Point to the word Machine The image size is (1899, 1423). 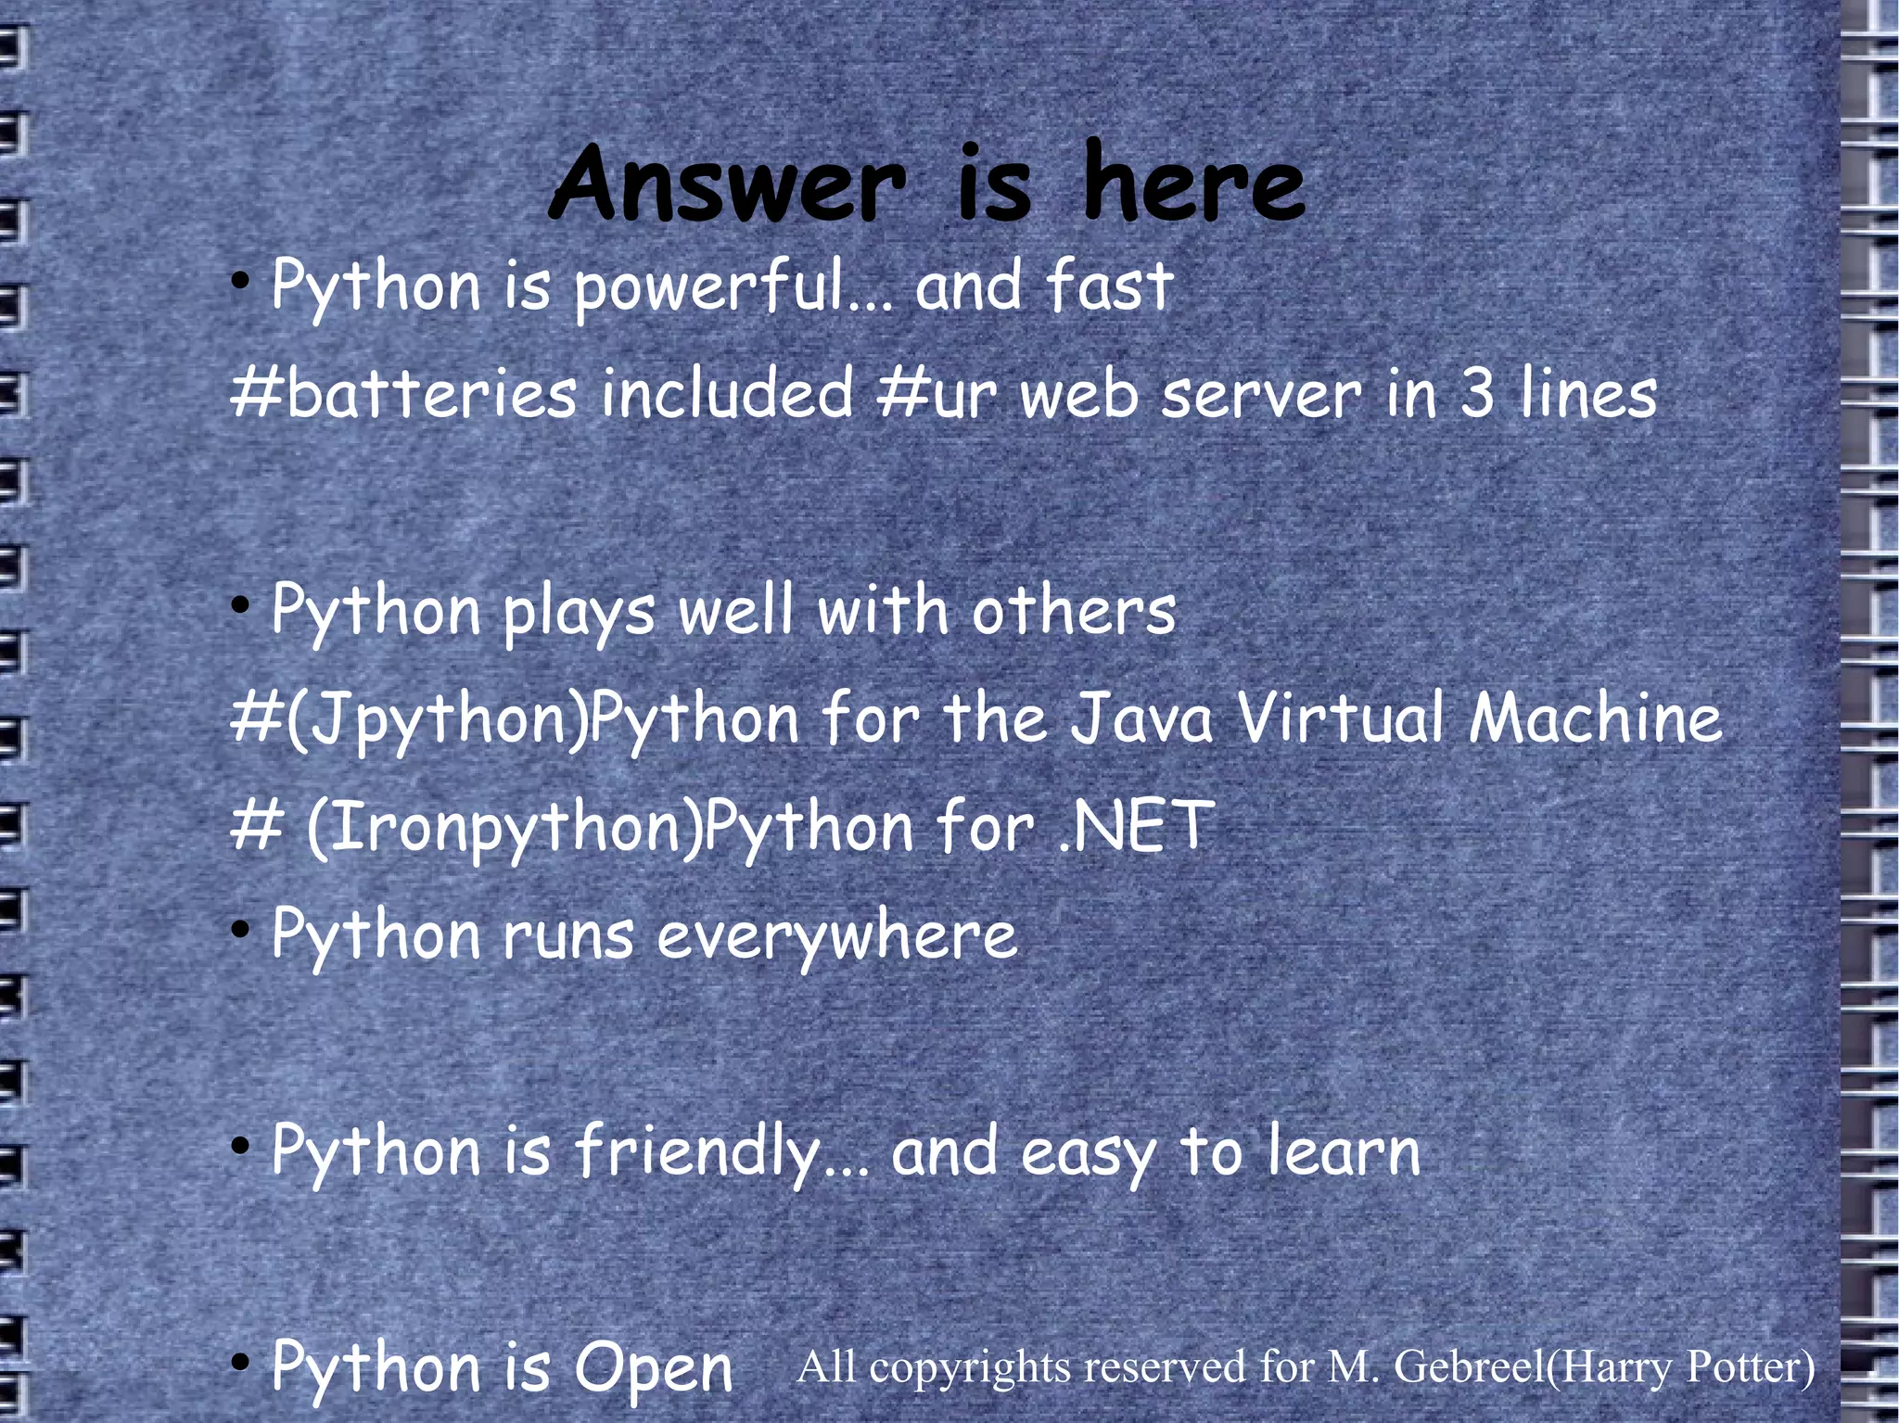[x=1595, y=718]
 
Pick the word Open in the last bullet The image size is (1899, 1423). [x=653, y=1368]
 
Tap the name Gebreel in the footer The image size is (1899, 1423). [x=1469, y=1366]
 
